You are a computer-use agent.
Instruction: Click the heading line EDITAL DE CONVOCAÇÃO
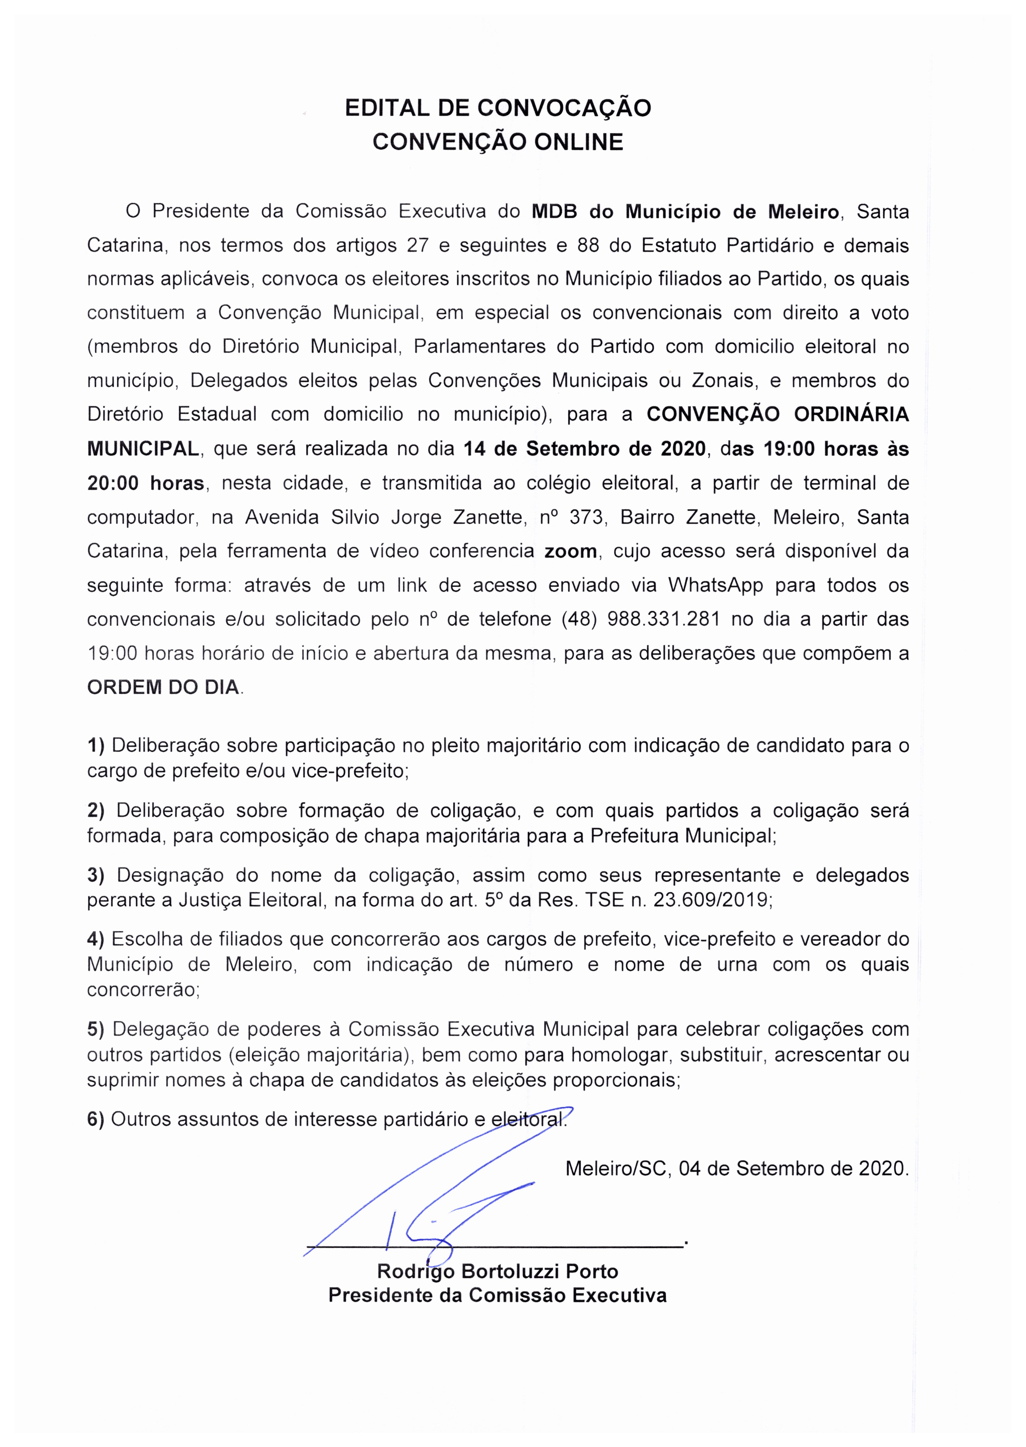point(498,108)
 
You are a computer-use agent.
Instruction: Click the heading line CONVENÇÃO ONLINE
point(498,142)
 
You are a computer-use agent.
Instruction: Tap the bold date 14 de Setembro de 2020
point(584,449)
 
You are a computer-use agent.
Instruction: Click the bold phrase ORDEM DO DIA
point(163,687)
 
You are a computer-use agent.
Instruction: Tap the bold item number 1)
point(96,746)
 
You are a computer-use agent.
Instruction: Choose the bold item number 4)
point(96,939)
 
